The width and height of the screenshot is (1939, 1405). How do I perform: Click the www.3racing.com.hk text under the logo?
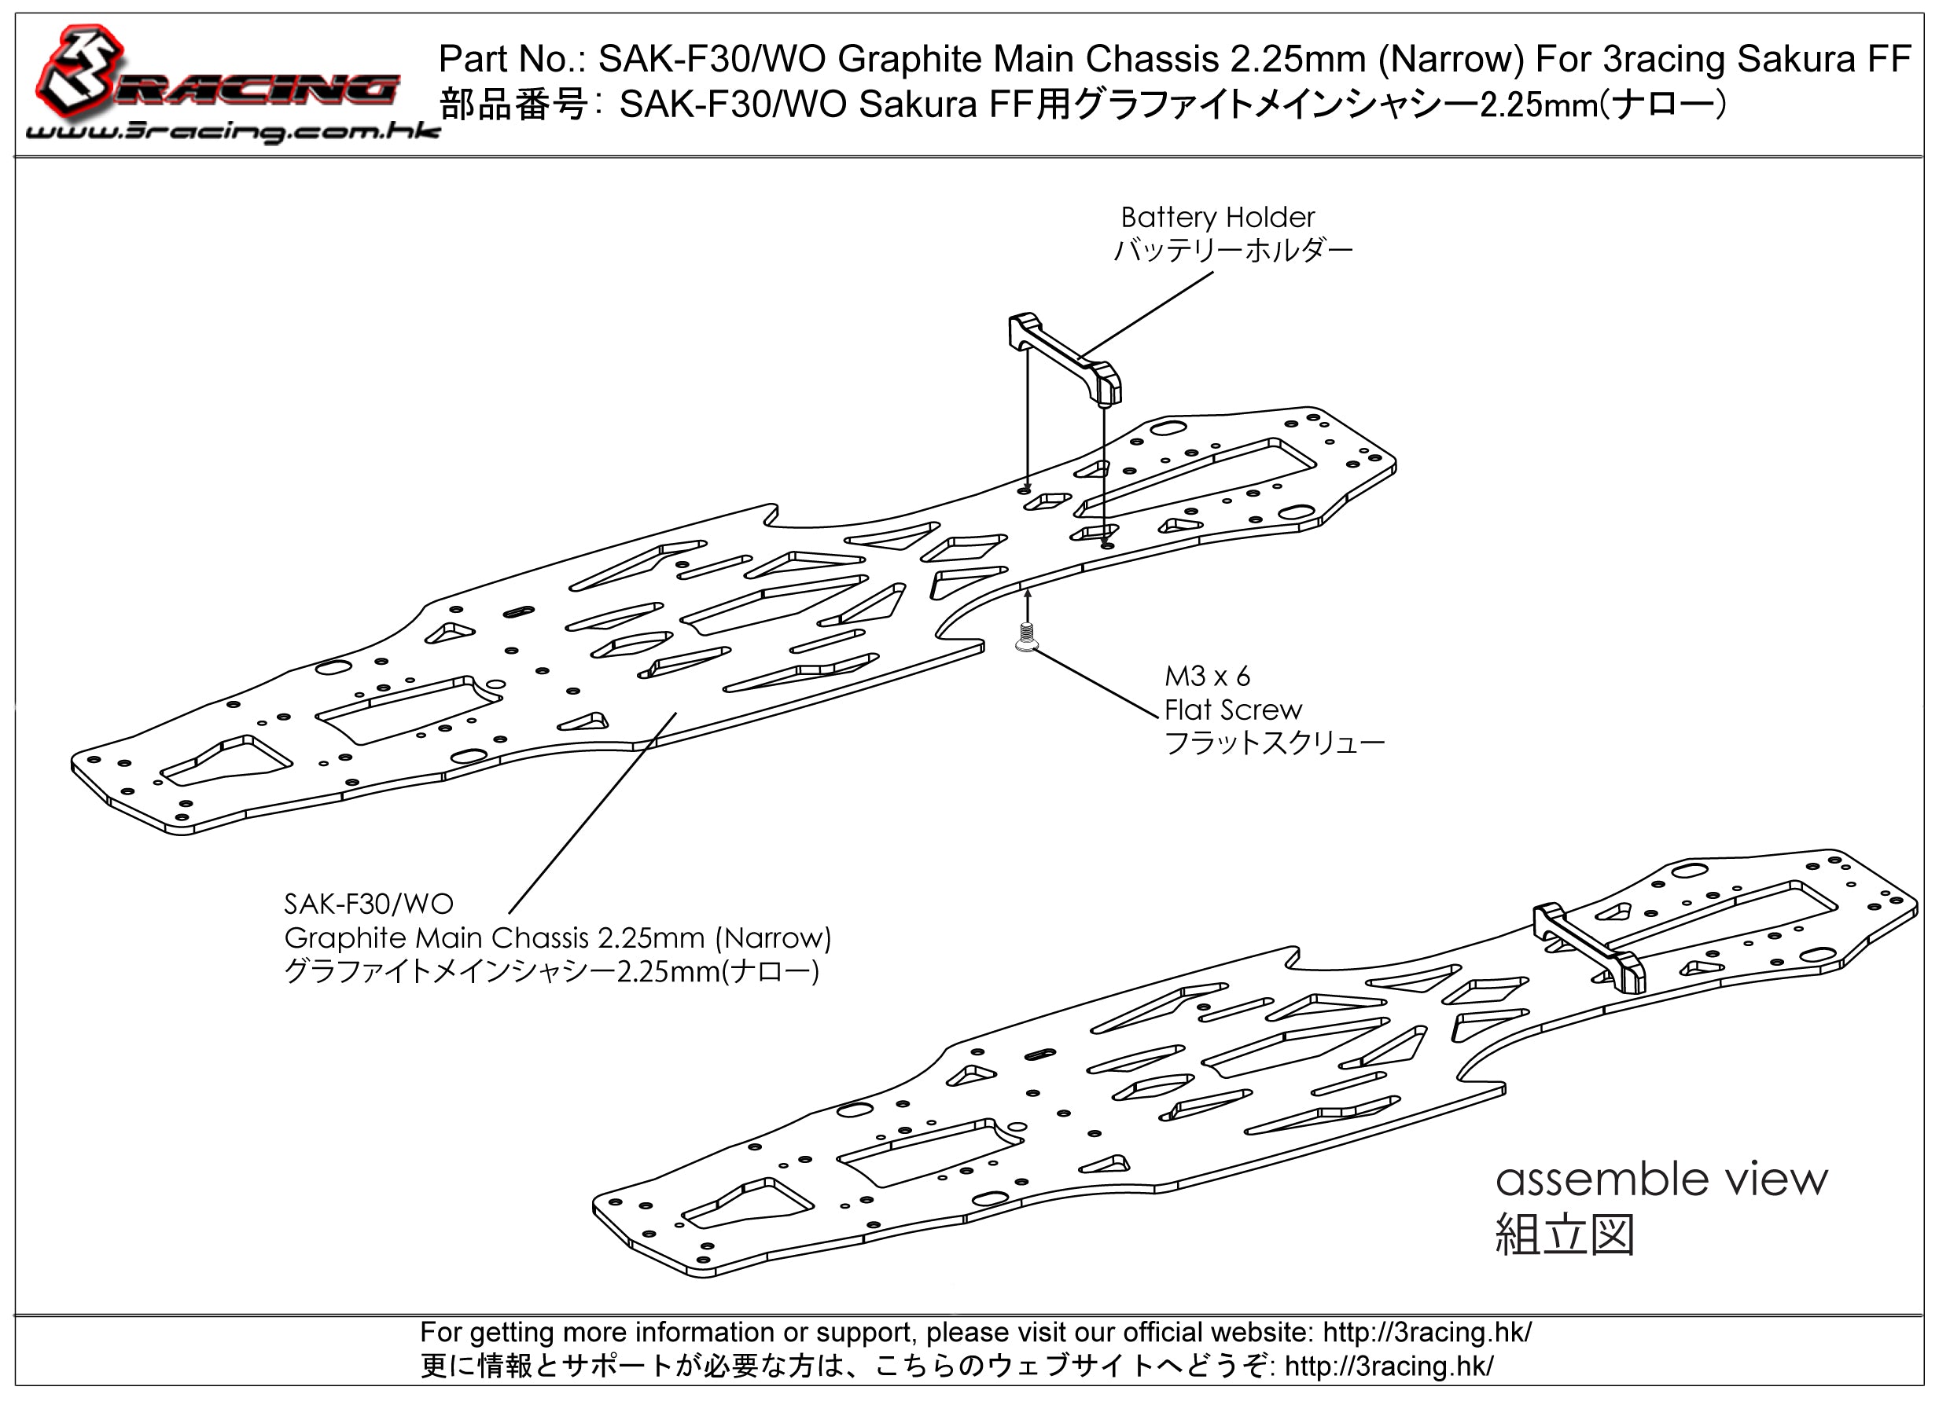click(x=233, y=131)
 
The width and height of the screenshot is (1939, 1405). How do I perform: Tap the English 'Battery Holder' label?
click(x=1217, y=217)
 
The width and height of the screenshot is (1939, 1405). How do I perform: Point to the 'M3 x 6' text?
click(x=1207, y=676)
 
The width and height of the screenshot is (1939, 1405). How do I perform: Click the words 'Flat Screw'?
click(x=1233, y=710)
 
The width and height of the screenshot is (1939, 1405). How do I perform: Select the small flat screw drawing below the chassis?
click(x=1027, y=637)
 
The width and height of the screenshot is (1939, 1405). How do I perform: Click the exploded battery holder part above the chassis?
click(x=1065, y=357)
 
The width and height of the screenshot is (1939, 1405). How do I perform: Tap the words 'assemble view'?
click(x=1661, y=1179)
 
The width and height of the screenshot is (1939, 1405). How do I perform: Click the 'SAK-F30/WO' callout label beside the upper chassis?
click(x=369, y=904)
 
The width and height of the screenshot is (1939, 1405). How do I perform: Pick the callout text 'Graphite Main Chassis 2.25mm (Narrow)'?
click(x=557, y=937)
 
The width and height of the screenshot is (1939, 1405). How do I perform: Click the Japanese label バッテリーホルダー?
click(x=1233, y=251)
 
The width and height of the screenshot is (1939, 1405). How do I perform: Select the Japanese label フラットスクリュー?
click(x=1274, y=743)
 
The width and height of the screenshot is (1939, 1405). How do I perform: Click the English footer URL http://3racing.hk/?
click(x=1427, y=1333)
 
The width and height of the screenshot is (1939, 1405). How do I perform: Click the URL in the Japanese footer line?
click(x=1389, y=1366)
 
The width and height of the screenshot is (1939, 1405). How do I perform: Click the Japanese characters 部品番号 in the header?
click(x=513, y=105)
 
